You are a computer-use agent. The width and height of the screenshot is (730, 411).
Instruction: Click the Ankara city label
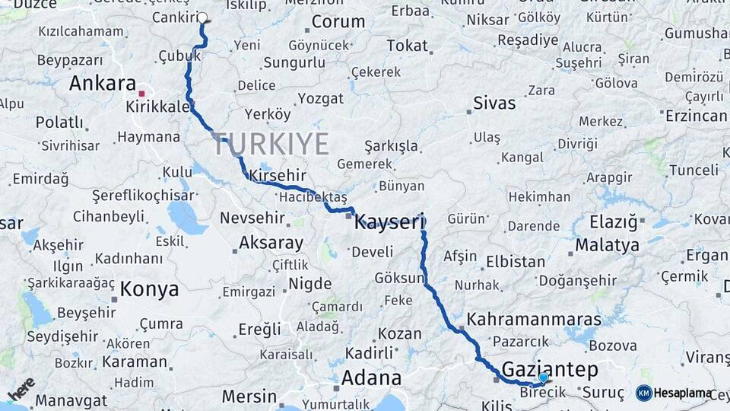[102, 83]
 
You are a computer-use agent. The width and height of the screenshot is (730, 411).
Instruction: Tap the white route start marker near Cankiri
[202, 18]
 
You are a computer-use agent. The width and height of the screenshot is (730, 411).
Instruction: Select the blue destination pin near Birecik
[543, 378]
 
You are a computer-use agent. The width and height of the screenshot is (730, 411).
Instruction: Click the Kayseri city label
[389, 222]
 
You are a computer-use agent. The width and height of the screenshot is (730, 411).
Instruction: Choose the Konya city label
[149, 289]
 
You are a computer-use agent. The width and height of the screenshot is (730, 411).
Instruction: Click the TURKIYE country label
[271, 144]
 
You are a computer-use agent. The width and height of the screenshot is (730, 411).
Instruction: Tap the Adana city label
[371, 378]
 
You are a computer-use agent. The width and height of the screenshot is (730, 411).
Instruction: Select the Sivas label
[494, 103]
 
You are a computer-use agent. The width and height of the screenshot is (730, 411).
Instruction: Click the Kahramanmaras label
[534, 320]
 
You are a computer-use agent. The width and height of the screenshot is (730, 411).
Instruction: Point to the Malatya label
[607, 245]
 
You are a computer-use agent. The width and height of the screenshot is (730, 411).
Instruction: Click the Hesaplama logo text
[683, 393]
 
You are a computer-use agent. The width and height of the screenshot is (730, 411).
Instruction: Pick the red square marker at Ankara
[141, 94]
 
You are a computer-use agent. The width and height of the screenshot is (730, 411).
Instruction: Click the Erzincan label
[696, 116]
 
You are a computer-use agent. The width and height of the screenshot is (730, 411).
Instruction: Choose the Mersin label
[249, 397]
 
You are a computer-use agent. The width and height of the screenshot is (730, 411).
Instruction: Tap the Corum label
[338, 21]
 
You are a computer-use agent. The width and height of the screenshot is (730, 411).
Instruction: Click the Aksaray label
[271, 244]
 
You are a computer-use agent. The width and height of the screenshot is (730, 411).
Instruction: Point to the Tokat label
[407, 46]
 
